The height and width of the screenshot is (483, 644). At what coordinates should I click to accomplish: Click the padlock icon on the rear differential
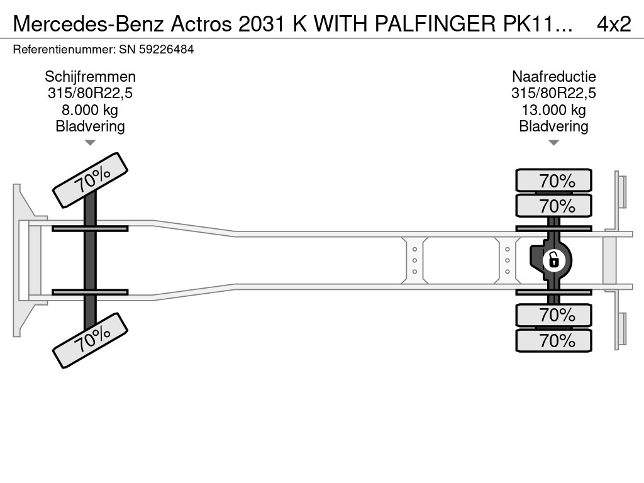click(x=553, y=260)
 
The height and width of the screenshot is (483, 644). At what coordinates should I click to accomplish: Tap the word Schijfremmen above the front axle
click(x=90, y=77)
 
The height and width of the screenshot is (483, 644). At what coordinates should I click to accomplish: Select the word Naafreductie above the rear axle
click(x=553, y=77)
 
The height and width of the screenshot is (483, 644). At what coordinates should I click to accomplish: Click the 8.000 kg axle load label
click(x=90, y=110)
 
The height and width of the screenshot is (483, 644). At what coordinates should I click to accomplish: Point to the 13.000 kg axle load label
click(x=553, y=110)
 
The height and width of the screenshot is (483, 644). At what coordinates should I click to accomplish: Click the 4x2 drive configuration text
click(x=613, y=24)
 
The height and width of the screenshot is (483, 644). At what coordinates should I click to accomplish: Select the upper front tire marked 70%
click(x=90, y=180)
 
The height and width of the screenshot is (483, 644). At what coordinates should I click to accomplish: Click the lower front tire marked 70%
click(x=90, y=341)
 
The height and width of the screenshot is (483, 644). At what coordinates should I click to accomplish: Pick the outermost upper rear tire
click(x=553, y=180)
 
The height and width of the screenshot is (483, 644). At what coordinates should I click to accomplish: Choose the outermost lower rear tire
click(x=553, y=341)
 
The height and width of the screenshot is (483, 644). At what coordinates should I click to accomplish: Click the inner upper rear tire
click(x=553, y=206)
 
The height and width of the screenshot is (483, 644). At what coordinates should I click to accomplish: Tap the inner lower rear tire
click(x=553, y=315)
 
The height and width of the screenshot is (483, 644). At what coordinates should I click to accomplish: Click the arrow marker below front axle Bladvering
click(x=90, y=143)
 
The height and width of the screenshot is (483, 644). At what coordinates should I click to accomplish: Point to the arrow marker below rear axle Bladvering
click(x=553, y=143)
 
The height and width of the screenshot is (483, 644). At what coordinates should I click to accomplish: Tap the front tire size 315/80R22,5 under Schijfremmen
click(x=90, y=94)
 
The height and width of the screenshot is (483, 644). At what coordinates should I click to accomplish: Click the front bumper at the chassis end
click(x=22, y=260)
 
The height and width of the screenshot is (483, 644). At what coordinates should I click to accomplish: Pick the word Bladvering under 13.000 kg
click(x=553, y=126)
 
